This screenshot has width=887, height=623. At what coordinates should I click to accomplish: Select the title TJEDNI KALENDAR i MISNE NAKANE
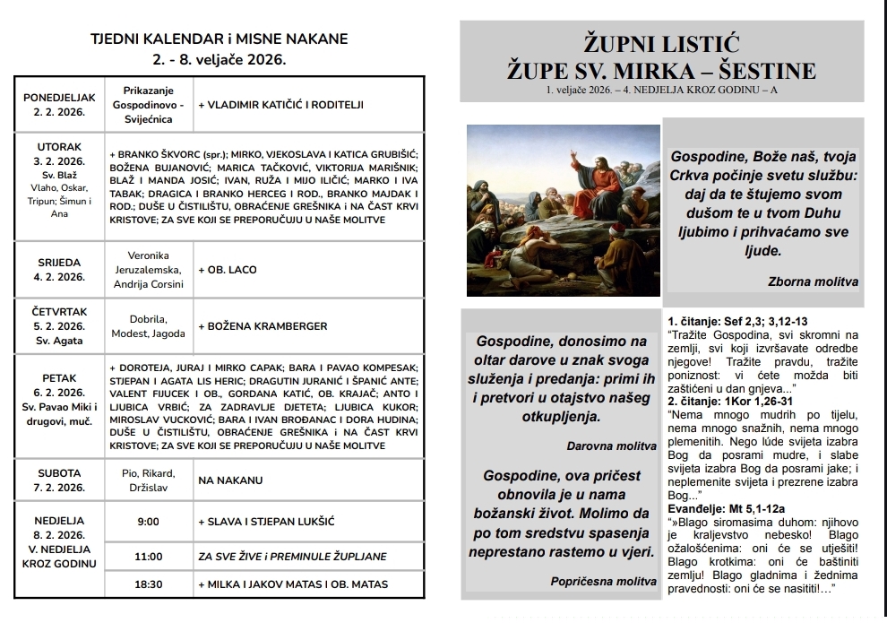pos(220,39)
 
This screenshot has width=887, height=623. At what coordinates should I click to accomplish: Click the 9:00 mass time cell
pos(148,521)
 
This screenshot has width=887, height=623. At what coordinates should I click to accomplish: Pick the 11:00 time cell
pos(148,556)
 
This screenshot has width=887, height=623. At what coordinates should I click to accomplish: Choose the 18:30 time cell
pos(148,584)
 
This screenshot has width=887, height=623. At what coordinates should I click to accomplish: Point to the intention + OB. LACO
pos(228,270)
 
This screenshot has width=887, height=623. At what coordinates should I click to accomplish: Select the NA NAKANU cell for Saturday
pos(230,480)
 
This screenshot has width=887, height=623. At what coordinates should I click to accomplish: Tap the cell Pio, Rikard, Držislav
pos(148,480)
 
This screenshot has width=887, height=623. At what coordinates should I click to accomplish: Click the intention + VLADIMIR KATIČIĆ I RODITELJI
pos(280,105)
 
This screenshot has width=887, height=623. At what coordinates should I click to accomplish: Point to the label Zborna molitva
pos(813,281)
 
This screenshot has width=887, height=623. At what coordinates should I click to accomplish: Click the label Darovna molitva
pos(612,446)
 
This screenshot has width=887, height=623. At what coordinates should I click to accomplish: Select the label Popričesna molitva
pos(603,582)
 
